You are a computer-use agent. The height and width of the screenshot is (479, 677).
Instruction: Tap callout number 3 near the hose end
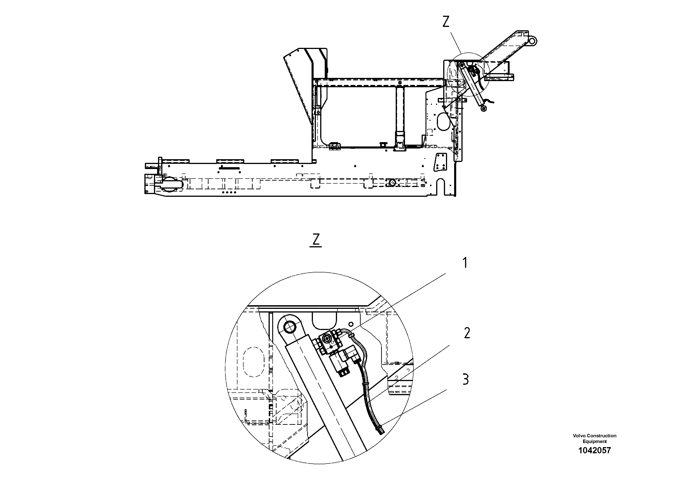coord(465,379)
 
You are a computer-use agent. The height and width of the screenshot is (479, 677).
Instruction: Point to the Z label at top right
coord(446,22)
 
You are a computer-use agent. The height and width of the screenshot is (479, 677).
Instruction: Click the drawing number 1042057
coord(594,450)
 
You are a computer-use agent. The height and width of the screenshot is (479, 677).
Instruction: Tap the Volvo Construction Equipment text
coord(594,438)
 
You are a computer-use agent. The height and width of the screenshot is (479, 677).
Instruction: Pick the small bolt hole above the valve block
coord(351,324)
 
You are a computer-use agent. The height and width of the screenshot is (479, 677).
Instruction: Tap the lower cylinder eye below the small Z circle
coord(484,109)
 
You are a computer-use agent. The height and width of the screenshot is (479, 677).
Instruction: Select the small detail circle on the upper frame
coord(468,74)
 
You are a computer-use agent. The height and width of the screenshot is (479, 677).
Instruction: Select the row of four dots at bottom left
coord(229,192)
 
